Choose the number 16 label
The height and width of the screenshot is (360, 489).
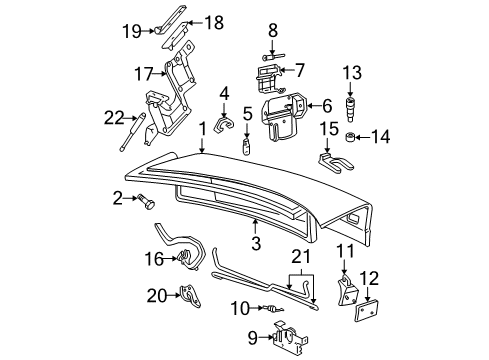point(152,260)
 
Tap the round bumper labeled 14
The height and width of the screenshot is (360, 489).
point(352,136)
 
